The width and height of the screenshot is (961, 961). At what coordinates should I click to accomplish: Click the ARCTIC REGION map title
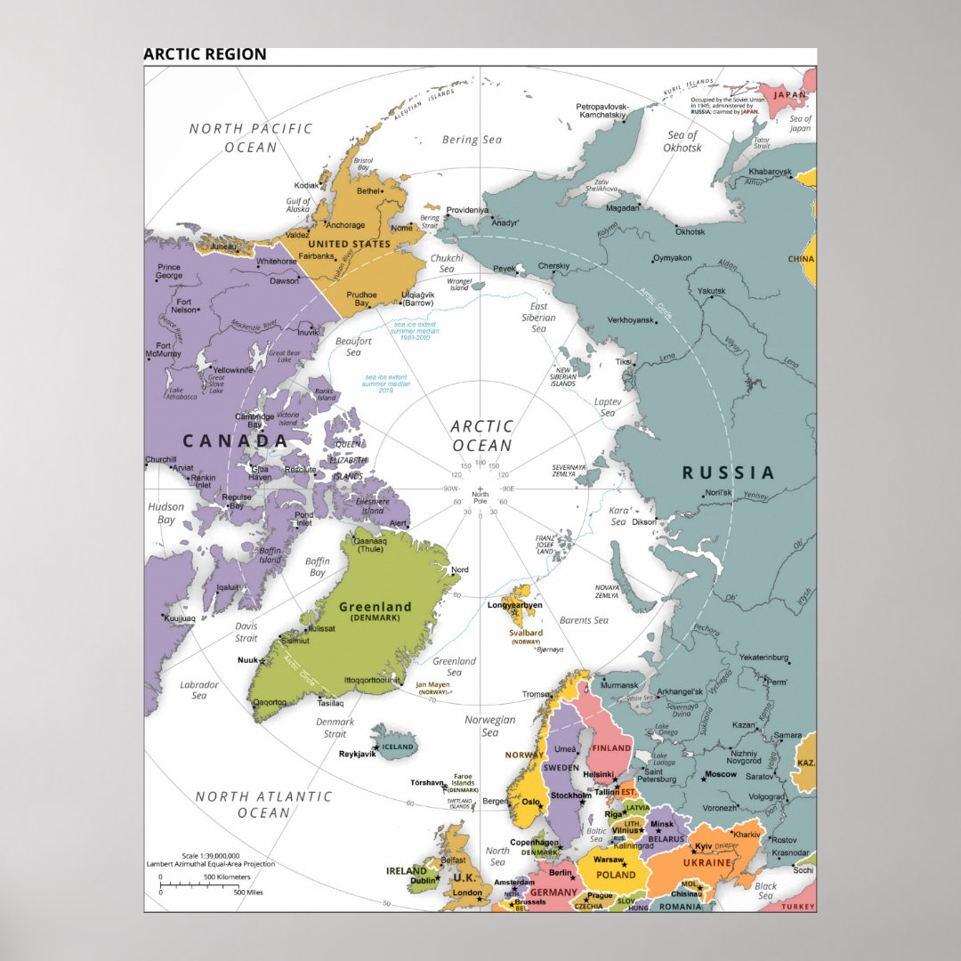205,54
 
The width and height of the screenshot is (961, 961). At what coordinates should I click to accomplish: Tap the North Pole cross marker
480,489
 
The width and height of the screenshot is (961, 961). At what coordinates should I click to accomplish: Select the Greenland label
375,607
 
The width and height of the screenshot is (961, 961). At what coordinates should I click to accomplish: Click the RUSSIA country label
728,472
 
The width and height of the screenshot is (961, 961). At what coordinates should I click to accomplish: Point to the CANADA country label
235,440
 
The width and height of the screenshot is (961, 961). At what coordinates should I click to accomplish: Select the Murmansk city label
619,685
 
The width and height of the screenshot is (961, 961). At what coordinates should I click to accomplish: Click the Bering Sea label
472,140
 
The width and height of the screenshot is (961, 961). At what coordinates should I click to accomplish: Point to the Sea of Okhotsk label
682,141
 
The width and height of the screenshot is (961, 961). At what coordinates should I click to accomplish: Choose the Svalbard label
526,634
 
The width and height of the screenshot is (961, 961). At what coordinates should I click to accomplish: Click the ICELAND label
398,747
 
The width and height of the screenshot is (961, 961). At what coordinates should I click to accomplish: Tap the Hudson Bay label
166,513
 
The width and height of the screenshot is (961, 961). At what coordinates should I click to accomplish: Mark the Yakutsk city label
711,291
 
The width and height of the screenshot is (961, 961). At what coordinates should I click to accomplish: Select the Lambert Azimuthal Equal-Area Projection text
211,864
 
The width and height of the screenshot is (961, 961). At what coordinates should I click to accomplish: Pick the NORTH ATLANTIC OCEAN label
263,804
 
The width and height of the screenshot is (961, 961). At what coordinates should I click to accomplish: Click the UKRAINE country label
707,863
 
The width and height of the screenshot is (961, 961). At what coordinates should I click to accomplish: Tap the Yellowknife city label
235,369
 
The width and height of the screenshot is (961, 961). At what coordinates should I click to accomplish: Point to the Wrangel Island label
459,284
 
